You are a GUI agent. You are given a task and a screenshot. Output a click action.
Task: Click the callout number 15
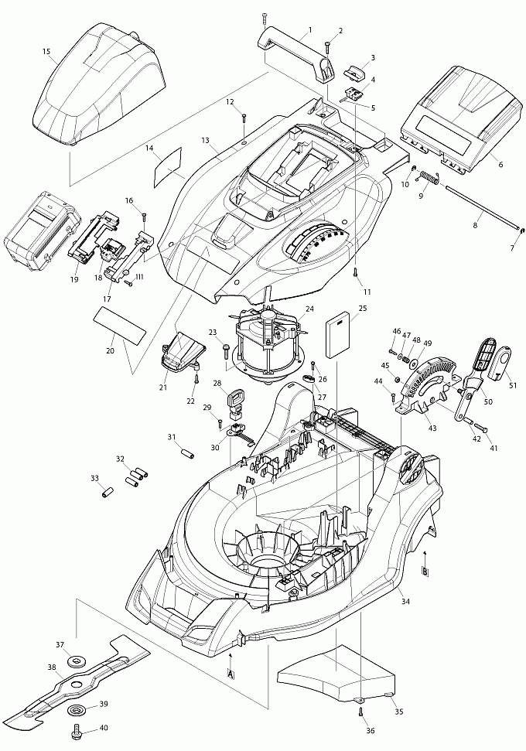pos(46,52)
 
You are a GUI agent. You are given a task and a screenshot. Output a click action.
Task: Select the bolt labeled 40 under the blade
pos(78,730)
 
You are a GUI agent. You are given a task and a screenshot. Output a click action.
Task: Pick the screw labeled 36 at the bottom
pos(360,712)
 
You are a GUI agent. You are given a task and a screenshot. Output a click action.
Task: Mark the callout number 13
pos(205,140)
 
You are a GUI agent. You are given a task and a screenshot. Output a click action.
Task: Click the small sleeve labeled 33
pos(108,491)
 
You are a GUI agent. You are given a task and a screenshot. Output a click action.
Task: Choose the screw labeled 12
pos(244,118)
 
